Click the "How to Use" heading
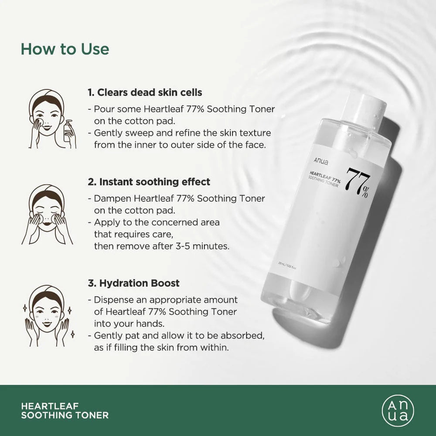65,49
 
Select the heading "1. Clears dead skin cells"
145,92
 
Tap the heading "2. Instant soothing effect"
149,181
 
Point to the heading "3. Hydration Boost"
133,283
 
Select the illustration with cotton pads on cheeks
47,214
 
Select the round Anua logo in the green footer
398,410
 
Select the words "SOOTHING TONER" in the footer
65,415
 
